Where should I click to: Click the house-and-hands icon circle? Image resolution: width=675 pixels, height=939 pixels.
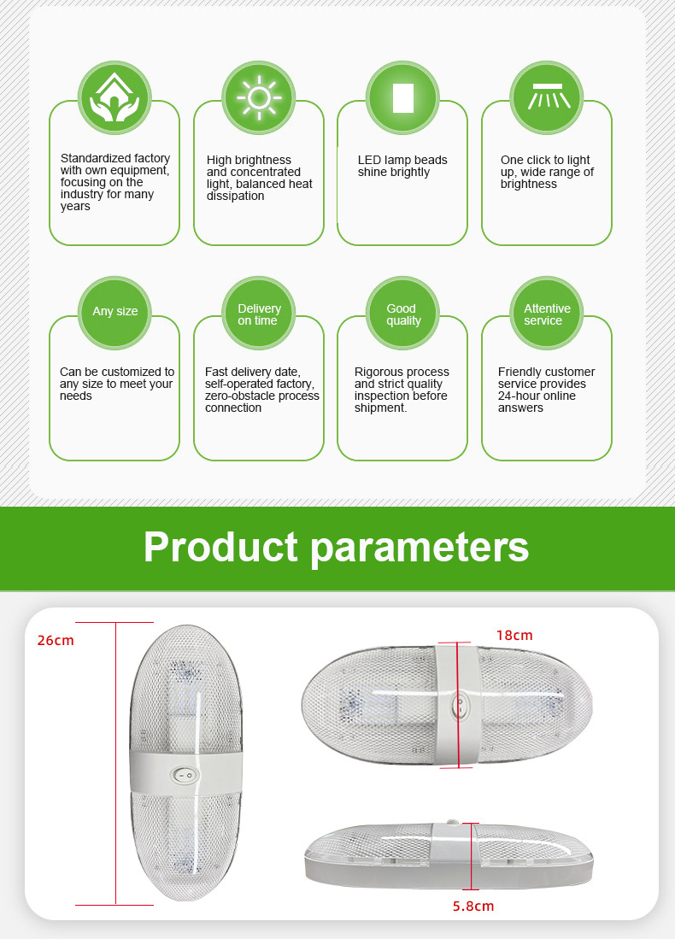pyautogui.click(x=114, y=97)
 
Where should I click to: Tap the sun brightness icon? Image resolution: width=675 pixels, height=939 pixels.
pyautogui.click(x=259, y=97)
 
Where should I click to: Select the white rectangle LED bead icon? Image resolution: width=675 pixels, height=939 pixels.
pyautogui.click(x=403, y=97)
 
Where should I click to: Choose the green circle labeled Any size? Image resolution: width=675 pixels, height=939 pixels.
pyautogui.click(x=114, y=313)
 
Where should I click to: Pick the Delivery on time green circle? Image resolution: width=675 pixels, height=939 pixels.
pyautogui.click(x=259, y=313)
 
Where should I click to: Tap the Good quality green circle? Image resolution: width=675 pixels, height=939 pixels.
pyautogui.click(x=402, y=313)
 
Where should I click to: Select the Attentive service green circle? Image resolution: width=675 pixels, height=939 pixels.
pyautogui.click(x=547, y=313)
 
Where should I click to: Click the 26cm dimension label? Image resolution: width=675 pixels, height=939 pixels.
pyautogui.click(x=56, y=640)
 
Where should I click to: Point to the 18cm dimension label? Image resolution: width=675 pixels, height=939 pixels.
pyautogui.click(x=514, y=636)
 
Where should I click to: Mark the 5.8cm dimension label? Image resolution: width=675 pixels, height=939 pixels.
pyautogui.click(x=473, y=906)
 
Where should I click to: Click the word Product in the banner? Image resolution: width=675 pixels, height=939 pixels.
pyautogui.click(x=220, y=547)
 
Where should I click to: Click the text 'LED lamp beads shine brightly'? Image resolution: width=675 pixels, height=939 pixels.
pyautogui.click(x=402, y=166)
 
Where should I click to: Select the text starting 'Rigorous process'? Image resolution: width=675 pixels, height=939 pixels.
pyautogui.click(x=402, y=390)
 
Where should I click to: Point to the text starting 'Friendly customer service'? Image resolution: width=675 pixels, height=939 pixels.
pyautogui.click(x=546, y=390)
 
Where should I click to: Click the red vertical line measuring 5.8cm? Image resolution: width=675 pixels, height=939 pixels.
pyautogui.click(x=472, y=856)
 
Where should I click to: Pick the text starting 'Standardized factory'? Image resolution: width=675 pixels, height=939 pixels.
pyautogui.click(x=115, y=182)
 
